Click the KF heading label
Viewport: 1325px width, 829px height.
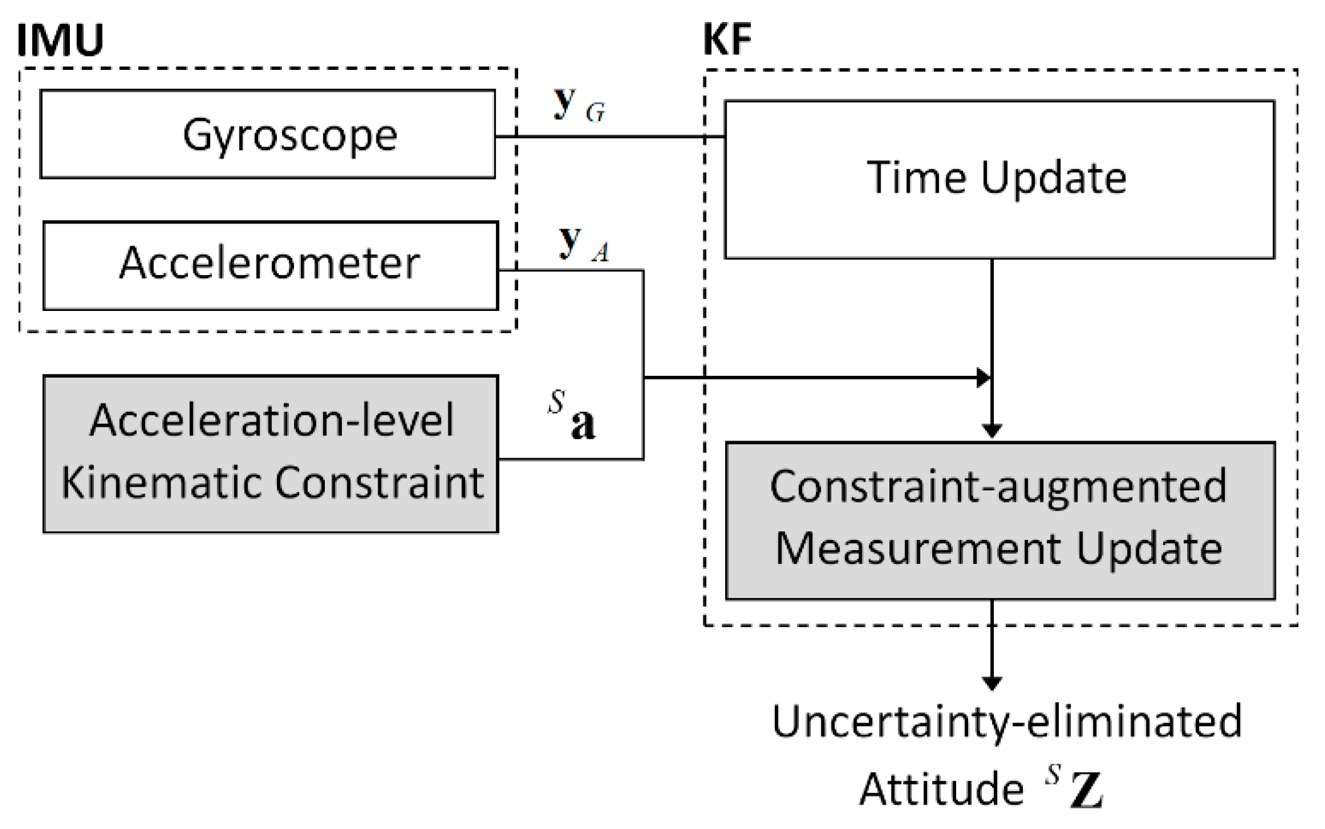(x=726, y=39)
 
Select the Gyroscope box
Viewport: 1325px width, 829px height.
(x=268, y=134)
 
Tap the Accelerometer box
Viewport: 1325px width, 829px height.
(x=271, y=264)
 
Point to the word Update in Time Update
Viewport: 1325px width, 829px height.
(x=1053, y=178)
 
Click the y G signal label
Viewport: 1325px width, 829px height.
(x=578, y=104)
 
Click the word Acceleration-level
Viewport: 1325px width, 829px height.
(x=271, y=420)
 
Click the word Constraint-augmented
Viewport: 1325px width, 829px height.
(x=998, y=487)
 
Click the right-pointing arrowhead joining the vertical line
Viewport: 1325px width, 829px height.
(x=983, y=378)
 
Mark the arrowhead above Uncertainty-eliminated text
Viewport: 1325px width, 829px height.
(x=992, y=684)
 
